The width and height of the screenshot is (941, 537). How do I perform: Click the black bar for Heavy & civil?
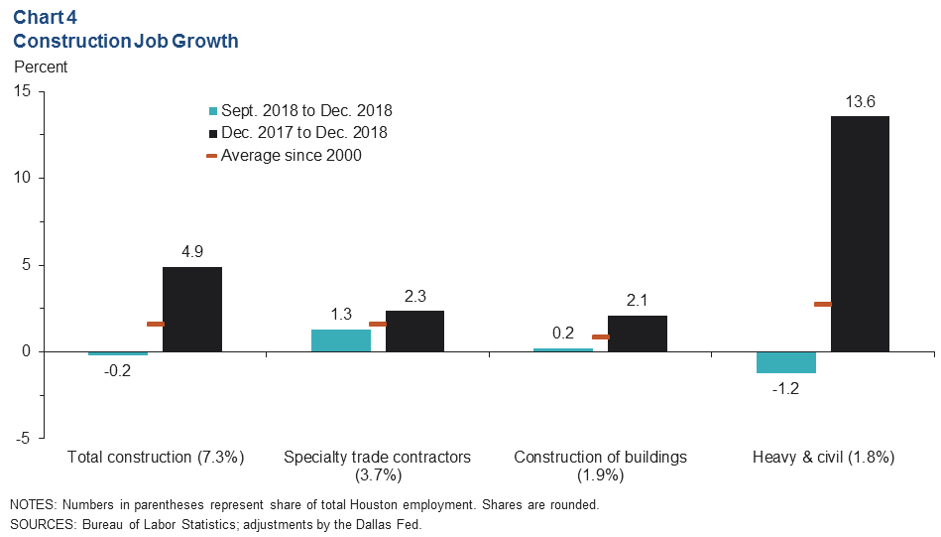(x=860, y=233)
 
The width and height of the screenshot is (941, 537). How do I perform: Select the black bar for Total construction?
(x=192, y=309)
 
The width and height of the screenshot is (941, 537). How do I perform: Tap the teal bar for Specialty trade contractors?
(x=341, y=340)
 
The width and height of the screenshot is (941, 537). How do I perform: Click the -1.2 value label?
(x=785, y=388)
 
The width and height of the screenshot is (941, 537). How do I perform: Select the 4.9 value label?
(x=192, y=252)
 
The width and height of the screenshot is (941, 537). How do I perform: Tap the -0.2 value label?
(x=118, y=370)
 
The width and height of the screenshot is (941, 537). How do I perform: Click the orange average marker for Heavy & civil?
(x=822, y=304)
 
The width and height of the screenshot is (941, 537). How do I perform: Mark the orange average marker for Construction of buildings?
(x=600, y=336)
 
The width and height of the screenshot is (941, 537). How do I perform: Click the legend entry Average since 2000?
(x=291, y=155)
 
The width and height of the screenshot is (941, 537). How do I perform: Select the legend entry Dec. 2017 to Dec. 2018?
(x=303, y=132)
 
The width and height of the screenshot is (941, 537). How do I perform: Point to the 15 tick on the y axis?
(x=22, y=91)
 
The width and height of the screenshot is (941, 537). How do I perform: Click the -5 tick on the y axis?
(x=22, y=438)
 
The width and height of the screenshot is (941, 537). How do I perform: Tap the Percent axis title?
(x=41, y=67)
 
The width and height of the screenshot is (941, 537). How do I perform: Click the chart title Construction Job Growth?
(x=125, y=42)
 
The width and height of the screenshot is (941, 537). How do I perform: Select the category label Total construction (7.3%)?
(x=156, y=458)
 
